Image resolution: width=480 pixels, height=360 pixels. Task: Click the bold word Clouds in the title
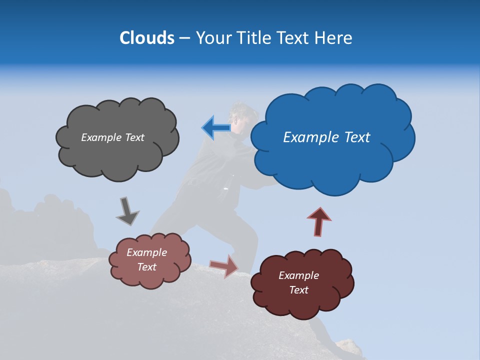146,38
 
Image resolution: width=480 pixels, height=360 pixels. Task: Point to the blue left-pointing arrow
216,128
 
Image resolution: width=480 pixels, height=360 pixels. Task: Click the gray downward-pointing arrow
127,211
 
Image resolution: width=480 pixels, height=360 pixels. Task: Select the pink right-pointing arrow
224,265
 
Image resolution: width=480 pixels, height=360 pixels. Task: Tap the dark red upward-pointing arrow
319,221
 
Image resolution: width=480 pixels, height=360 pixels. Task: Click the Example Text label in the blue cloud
326,137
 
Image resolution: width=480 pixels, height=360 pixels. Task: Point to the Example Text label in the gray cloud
112,137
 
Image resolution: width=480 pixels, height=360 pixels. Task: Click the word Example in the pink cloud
146,252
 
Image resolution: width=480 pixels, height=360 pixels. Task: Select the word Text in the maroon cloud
298,290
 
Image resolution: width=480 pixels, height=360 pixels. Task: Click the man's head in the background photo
239,116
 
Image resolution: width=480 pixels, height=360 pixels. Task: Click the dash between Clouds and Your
183,38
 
